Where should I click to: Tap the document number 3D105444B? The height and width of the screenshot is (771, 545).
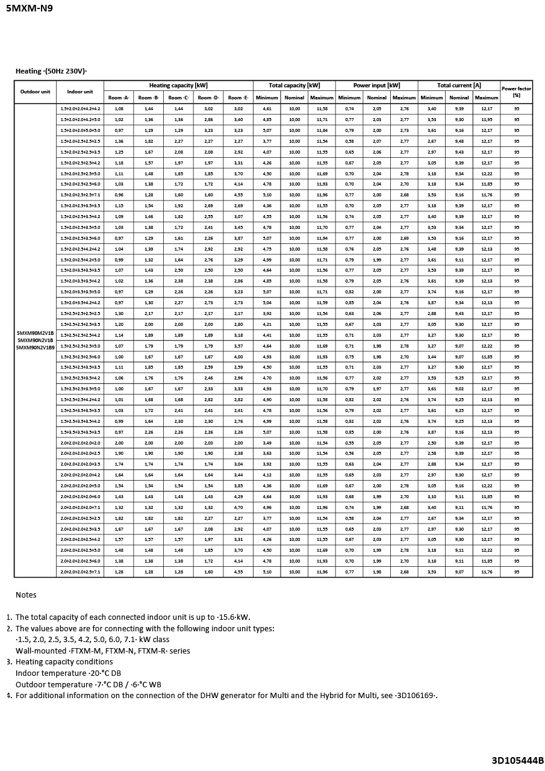point(517,760)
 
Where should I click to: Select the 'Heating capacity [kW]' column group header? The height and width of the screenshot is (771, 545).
point(178,86)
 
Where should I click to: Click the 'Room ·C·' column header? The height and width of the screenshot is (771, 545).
point(178,98)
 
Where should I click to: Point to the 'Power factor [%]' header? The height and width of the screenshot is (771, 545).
point(516,92)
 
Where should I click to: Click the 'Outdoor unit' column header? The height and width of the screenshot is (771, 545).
point(36,92)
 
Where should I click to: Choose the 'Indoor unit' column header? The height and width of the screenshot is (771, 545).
point(80,92)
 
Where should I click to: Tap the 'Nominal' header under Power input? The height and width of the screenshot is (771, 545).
point(376,98)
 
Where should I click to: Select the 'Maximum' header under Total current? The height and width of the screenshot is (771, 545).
point(487,98)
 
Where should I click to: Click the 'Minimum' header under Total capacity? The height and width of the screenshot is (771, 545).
point(267,98)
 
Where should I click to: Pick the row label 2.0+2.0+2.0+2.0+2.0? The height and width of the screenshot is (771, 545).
point(80,443)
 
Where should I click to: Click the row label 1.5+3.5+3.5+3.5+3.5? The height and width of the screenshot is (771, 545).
point(80,432)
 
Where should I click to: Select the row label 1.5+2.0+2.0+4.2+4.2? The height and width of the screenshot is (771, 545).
point(80,109)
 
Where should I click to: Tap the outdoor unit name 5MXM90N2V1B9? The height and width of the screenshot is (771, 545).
point(36,348)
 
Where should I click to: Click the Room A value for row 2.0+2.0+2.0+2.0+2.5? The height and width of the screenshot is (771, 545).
point(119,454)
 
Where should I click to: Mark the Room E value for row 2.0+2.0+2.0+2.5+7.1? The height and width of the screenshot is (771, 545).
point(238,572)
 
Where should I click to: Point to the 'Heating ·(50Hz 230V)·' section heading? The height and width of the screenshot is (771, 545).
point(51,71)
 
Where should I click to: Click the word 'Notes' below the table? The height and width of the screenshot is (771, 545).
point(26,595)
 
